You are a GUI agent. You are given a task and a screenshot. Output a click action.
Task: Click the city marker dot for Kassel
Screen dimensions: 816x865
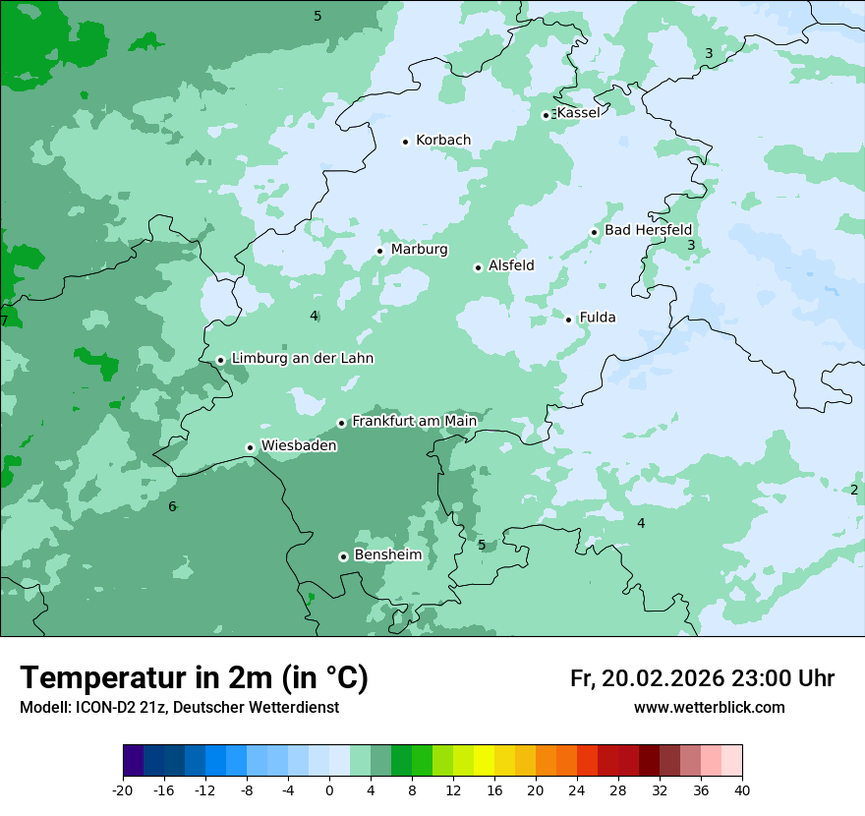coord(547,115)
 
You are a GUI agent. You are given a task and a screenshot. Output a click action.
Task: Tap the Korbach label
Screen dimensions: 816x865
coord(442,141)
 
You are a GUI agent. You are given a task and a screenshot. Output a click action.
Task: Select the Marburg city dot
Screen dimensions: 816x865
coord(379,251)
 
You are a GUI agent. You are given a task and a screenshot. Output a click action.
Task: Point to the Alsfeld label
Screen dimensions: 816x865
coord(511,265)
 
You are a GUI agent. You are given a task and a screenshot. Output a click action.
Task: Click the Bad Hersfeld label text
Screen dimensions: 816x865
coord(648,230)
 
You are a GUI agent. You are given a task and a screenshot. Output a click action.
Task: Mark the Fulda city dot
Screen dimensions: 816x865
coord(568,320)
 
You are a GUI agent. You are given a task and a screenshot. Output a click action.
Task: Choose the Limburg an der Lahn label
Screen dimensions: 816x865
coord(302,359)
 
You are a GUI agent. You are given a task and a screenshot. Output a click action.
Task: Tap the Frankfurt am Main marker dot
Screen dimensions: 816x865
coord(342,423)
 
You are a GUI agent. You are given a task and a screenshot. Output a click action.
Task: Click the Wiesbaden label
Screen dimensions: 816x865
coord(299,446)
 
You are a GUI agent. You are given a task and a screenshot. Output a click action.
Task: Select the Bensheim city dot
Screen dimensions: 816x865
coord(343,556)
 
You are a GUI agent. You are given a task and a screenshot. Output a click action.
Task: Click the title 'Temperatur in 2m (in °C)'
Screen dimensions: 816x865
coord(194,678)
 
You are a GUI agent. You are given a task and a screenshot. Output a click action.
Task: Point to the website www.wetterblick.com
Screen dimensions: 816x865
coord(709,708)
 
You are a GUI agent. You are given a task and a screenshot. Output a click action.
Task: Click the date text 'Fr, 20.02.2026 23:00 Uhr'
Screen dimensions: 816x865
coord(702,678)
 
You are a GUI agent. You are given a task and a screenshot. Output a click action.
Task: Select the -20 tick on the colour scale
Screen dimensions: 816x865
coord(123,789)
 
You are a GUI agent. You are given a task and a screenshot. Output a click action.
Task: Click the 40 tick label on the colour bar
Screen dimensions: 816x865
coord(742,789)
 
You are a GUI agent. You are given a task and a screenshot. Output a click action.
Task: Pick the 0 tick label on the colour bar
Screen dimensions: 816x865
coord(329,789)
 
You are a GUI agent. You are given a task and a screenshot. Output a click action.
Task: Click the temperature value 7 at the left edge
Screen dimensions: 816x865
coord(5,321)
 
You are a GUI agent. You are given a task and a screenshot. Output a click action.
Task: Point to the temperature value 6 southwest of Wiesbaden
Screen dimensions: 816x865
coord(172,506)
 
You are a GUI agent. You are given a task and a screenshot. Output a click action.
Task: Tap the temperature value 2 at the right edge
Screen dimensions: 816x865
coord(853,490)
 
